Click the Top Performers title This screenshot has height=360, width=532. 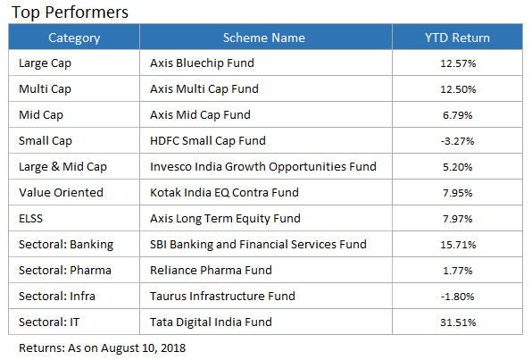[70, 13]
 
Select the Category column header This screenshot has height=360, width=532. [74, 38]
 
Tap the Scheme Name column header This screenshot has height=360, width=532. [264, 38]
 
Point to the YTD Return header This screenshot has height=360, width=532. [457, 38]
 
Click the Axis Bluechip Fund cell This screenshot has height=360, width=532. [202, 63]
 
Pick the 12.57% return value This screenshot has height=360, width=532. [458, 63]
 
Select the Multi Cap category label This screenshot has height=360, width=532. [45, 89]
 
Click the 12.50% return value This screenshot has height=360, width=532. [458, 89]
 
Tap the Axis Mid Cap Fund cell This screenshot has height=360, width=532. [200, 115]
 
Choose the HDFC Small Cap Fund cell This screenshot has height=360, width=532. [208, 140]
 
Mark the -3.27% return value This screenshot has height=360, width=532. [457, 141]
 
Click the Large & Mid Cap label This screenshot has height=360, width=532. [62, 167]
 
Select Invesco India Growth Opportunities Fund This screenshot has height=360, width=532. [263, 167]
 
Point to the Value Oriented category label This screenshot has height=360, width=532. [61, 193]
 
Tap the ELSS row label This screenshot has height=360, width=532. [31, 218]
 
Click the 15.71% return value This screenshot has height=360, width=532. [458, 245]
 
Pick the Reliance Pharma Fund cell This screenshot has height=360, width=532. [211, 271]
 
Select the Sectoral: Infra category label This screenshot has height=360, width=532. [57, 297]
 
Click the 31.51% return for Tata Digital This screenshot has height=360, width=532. [458, 322]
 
